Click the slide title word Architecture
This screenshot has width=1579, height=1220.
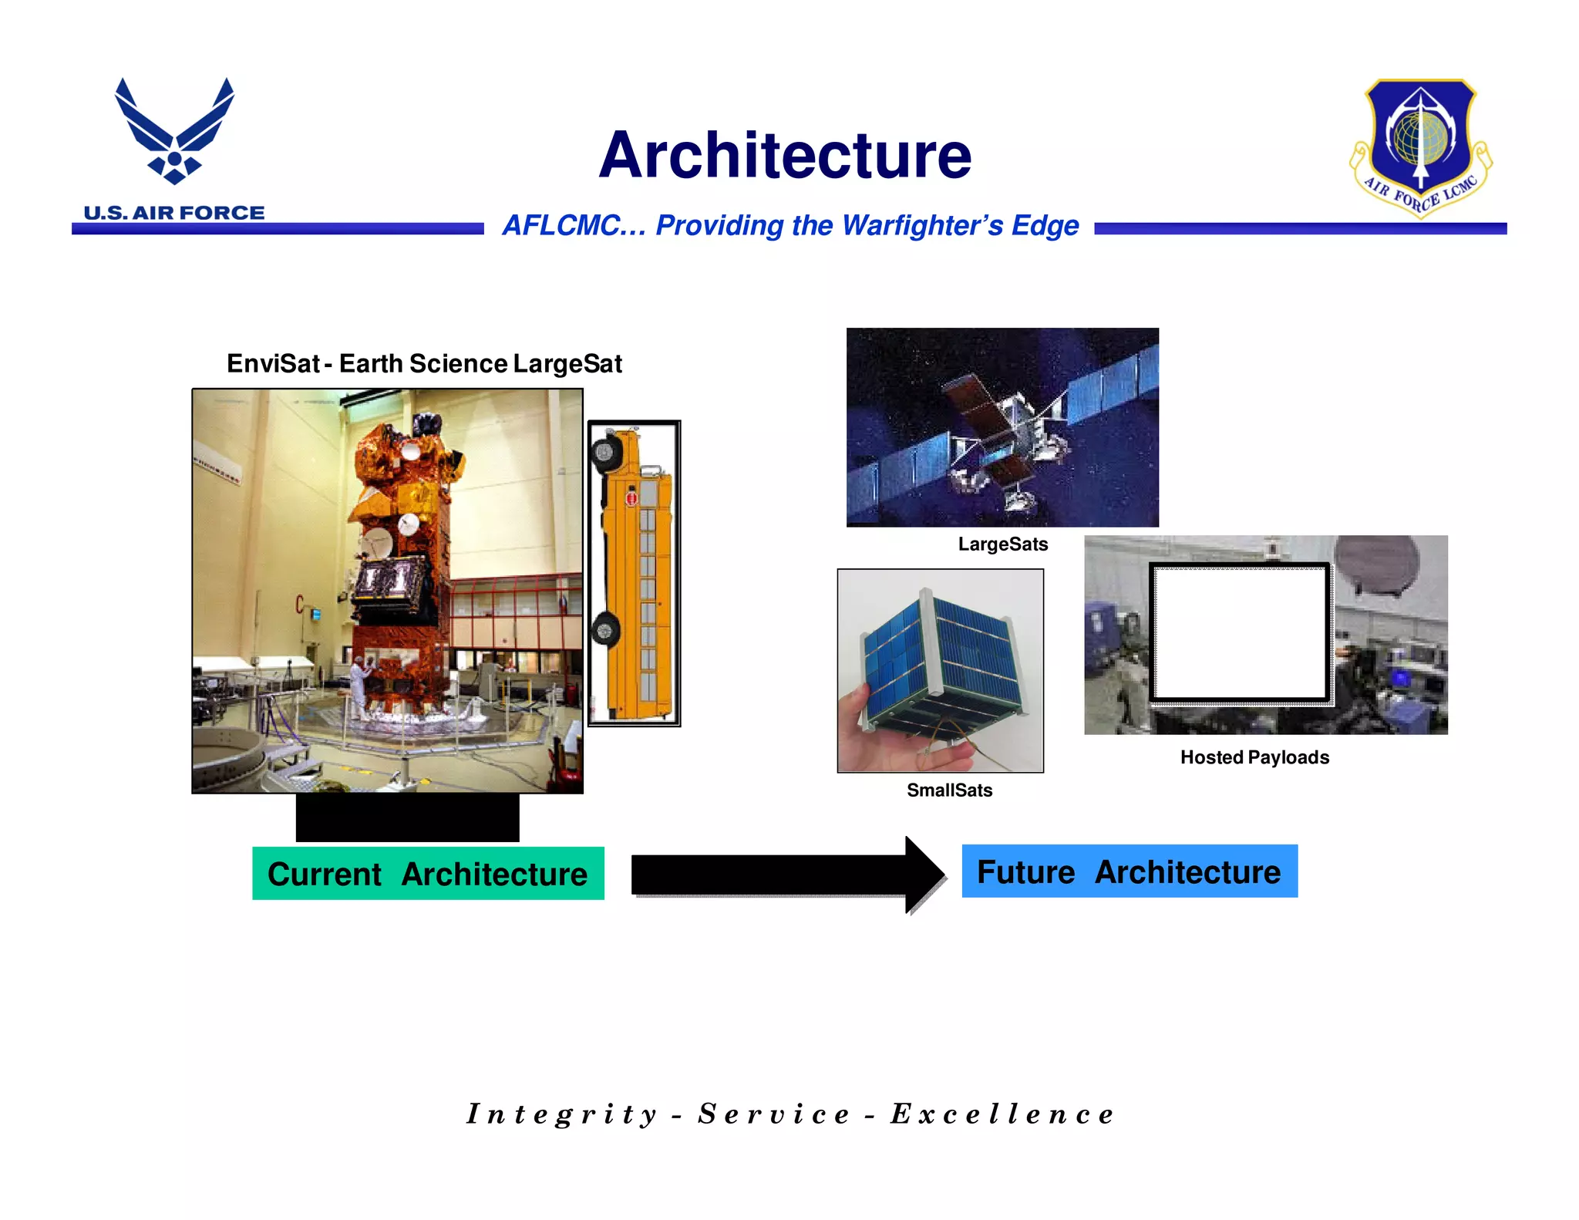point(785,156)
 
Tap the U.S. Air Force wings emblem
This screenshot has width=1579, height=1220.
point(174,131)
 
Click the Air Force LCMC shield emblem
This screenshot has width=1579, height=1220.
point(1420,147)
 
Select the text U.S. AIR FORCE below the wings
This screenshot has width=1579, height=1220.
point(174,213)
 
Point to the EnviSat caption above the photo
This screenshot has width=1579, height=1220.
point(424,363)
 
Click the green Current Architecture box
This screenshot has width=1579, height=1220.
point(428,874)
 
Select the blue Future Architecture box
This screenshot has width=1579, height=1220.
point(1129,871)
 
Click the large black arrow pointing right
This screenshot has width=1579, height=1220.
point(786,875)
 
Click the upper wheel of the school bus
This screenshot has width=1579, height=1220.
point(606,452)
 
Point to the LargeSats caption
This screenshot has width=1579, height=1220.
point(1002,544)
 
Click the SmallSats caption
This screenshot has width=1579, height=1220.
point(949,790)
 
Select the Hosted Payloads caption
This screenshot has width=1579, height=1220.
point(1254,757)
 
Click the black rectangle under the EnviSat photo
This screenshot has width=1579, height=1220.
point(407,817)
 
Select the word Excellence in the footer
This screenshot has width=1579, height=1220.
point(1002,1114)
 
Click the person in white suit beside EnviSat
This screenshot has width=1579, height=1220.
point(359,686)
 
